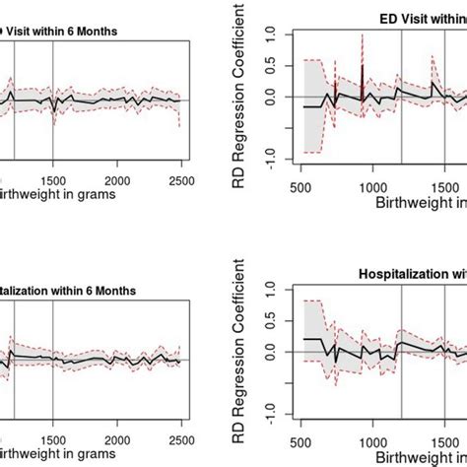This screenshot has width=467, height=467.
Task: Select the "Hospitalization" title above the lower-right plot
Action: (406, 271)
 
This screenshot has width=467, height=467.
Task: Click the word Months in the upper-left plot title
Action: (97, 31)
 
